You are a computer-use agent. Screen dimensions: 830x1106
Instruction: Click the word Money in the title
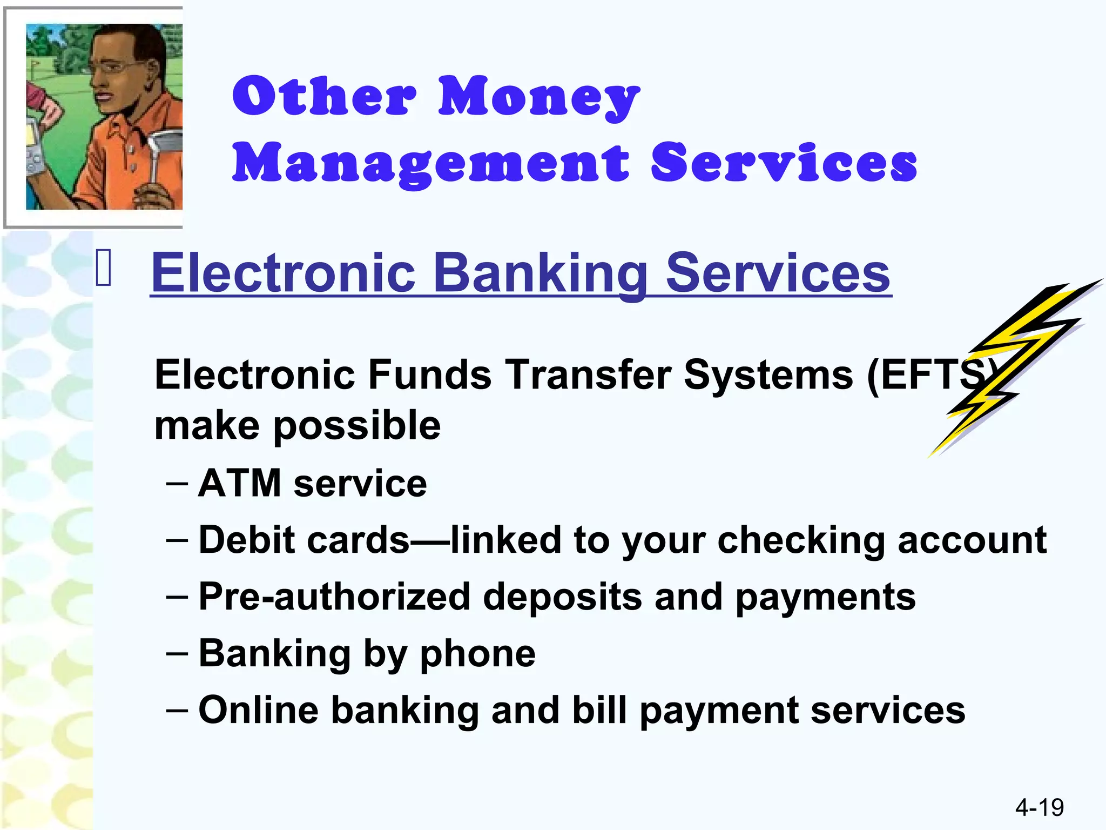tap(538, 97)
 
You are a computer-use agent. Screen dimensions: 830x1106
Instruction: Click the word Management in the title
tap(431, 164)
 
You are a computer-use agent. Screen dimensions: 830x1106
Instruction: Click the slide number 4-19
tap(1039, 807)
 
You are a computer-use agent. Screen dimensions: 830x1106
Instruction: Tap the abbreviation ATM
tap(240, 483)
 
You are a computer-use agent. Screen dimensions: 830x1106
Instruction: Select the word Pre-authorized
tap(334, 597)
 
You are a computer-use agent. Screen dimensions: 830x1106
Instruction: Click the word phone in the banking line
tap(477, 654)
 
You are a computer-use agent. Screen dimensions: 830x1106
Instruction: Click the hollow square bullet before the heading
tap(104, 268)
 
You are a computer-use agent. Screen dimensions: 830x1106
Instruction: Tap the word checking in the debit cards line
tap(801, 540)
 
